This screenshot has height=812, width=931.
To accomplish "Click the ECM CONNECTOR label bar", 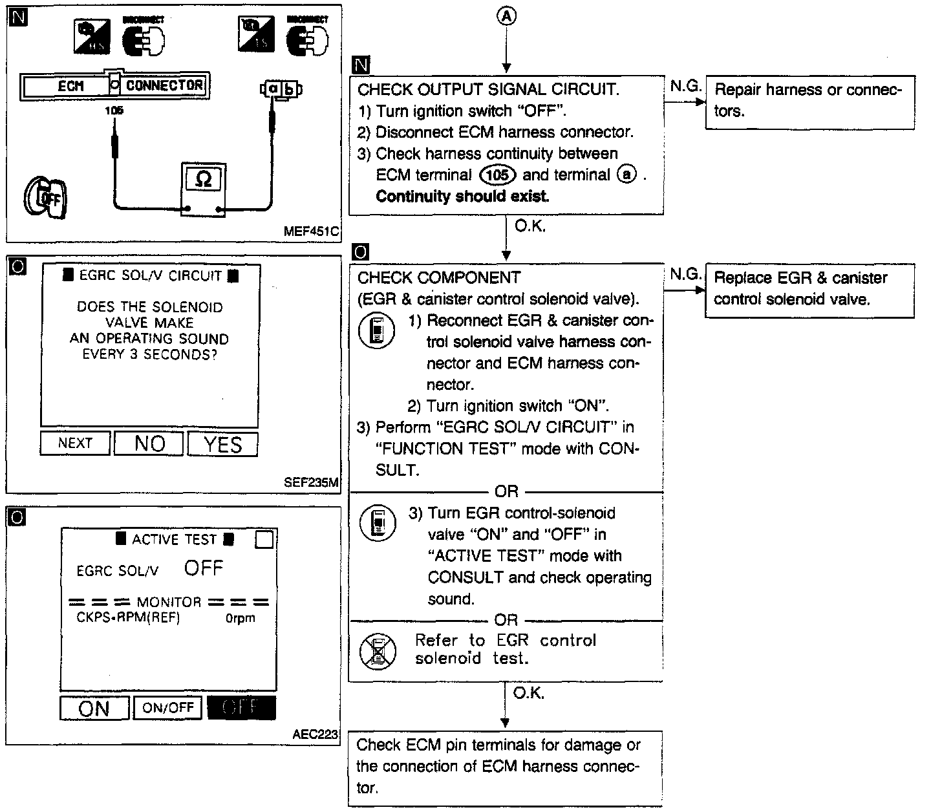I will pyautogui.click(x=114, y=85).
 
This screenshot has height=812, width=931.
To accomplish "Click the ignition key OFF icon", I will pyautogui.click(x=45, y=197).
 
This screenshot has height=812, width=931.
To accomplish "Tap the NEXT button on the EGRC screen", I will pyautogui.click(x=75, y=443).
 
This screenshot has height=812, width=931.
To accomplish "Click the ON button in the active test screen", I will pyautogui.click(x=94, y=708).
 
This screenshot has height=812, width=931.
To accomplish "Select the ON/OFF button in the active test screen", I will pyautogui.click(x=168, y=708).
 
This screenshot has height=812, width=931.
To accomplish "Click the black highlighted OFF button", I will pyautogui.click(x=241, y=708).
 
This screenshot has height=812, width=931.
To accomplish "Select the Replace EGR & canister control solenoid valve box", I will pyautogui.click(x=809, y=290).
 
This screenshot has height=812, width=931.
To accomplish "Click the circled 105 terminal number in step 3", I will pyautogui.click(x=497, y=175).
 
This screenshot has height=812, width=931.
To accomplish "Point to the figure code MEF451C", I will pyautogui.click(x=311, y=231).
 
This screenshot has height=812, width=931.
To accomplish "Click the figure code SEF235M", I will pyautogui.click(x=312, y=482).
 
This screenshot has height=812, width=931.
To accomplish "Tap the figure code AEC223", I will pyautogui.click(x=315, y=735).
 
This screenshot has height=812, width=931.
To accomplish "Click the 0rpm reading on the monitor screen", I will pyautogui.click(x=240, y=618).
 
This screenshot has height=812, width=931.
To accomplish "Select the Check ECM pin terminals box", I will pyautogui.click(x=505, y=767).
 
